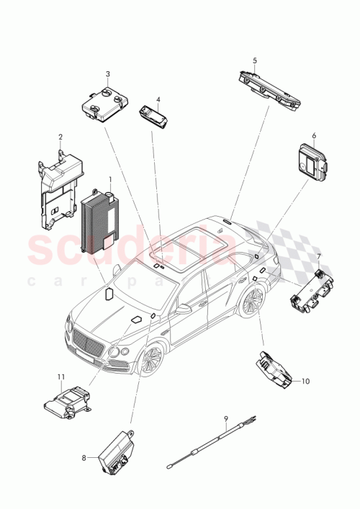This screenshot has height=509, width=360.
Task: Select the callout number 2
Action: pos(60,137)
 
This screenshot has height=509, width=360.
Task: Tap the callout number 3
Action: pos(107,74)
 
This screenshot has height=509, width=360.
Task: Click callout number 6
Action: pos(314,135)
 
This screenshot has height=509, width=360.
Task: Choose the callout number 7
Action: pos(319,257)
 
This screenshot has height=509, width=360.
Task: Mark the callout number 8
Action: pos(84,457)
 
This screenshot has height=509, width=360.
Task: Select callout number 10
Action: pos(305,381)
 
